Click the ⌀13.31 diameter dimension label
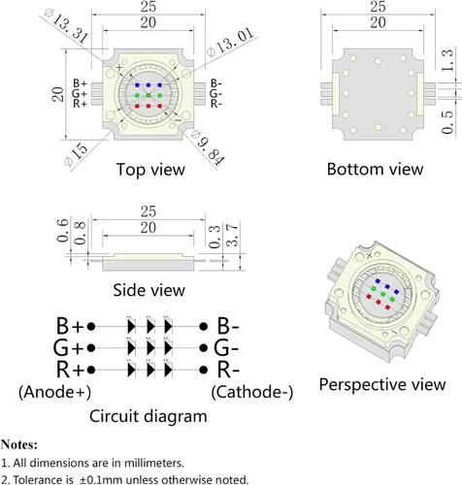point(66,26)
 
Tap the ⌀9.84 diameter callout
point(208,148)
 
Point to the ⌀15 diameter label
point(77,154)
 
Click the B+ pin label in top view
point(80,83)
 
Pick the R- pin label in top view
point(216,104)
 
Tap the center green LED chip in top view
point(148,95)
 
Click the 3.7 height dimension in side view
point(232,235)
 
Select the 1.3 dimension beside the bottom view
point(447,60)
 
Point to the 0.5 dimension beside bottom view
point(447,122)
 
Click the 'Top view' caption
point(150,170)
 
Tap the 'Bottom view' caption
point(375,169)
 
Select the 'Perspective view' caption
point(382,385)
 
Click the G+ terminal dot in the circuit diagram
point(91,348)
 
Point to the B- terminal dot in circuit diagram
point(203,327)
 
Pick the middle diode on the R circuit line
point(150,371)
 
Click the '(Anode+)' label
point(54,392)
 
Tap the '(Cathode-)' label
point(252,392)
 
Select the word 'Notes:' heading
point(19,444)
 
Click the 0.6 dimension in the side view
point(62,230)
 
